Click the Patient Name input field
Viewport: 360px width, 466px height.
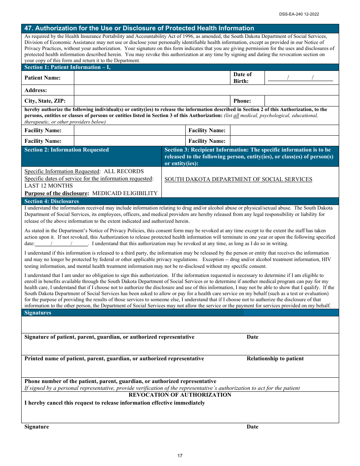coord(152,78)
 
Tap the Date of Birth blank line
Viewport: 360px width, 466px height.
coord(300,78)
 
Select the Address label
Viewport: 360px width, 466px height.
coord(36,90)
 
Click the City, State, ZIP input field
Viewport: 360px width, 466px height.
coord(152,101)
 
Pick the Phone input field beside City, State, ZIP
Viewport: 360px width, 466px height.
coord(301,101)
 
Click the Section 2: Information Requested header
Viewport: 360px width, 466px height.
coord(66,150)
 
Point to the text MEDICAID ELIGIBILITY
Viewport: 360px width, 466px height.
coord(125,193)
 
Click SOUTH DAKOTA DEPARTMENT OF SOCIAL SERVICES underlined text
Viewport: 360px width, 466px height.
coord(238,180)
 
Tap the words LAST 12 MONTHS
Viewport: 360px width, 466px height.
coord(49,186)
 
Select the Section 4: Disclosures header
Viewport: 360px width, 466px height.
coord(52,201)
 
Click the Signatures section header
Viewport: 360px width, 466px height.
coord(38,313)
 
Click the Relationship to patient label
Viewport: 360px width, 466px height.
coord(275,358)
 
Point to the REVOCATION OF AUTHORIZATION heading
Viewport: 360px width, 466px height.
coord(180,395)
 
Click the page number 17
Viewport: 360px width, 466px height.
coord(180,456)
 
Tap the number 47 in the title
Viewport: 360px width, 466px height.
coord(28,28)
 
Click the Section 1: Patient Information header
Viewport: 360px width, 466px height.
coord(67,67)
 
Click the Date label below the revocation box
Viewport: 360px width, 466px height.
coord(252,427)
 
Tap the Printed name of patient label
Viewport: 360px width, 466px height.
coord(114,358)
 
